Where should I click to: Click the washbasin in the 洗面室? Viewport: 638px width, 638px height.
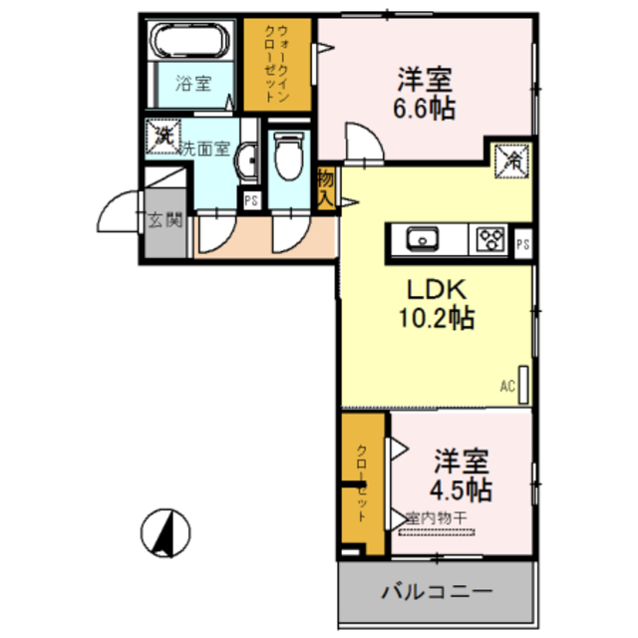click(x=251, y=159)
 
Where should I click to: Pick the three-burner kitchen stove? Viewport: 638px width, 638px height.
click(x=489, y=239)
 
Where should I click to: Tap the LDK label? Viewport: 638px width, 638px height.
click(x=435, y=289)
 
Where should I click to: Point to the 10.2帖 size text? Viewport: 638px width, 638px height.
click(x=437, y=319)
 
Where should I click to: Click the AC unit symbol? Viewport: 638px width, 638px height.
click(x=521, y=384)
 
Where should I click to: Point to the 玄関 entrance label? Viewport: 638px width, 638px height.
click(x=165, y=220)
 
